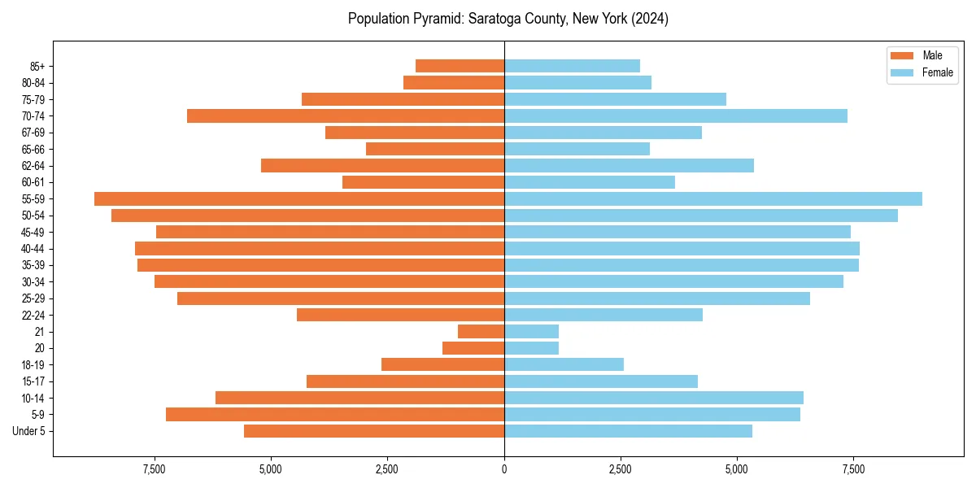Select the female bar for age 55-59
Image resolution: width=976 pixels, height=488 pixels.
pos(713,199)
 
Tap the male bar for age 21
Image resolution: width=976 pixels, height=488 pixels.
pos(481,332)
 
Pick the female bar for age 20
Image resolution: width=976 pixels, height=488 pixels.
pos(531,348)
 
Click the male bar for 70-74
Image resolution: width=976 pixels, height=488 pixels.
pos(346,116)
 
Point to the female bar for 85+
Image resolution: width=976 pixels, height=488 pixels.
pos(572,66)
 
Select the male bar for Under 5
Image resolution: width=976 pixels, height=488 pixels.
pos(374,431)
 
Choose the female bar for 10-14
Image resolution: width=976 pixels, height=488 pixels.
pos(654,398)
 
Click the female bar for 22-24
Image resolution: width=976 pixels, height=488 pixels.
pos(603,315)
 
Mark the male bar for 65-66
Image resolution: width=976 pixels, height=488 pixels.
pos(435,149)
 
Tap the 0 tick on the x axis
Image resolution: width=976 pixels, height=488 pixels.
pos(504,469)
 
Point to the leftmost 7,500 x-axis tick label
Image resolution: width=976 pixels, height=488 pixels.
pos(155,469)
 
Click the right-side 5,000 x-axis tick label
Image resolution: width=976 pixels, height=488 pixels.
pos(737,469)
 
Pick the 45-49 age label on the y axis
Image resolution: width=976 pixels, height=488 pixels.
pos(33,232)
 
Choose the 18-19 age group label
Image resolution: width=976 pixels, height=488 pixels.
pos(33,365)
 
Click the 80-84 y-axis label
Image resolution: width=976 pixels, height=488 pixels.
pos(33,83)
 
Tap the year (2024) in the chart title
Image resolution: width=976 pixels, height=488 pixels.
pos(649,19)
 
